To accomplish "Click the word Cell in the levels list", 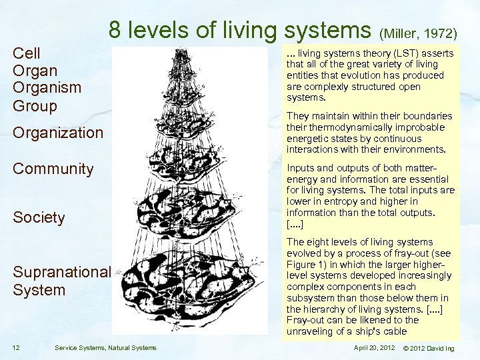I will coord(27,53).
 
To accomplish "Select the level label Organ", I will coord(35,71).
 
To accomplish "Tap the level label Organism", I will coord(47,88).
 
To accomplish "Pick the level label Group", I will coord(35,105).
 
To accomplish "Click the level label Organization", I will coord(58,133).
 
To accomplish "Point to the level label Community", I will coord(53,169).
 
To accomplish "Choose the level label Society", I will coord(39,217).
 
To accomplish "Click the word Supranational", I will coord(61,272).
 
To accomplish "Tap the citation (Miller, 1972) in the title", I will coord(418,33).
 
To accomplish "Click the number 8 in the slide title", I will coord(115,30).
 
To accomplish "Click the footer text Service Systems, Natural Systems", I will coord(105,347).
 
